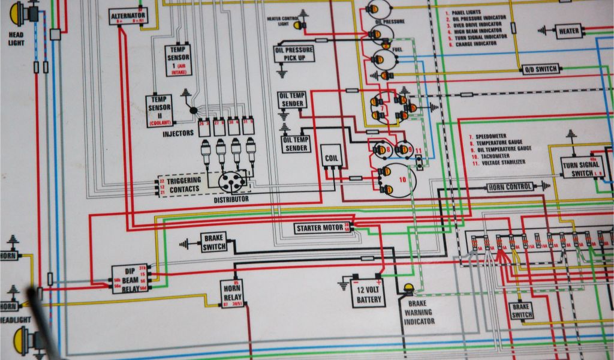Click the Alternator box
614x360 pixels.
coord(128,16)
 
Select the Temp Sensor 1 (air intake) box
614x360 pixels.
coord(179,60)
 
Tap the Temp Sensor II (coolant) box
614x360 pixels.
coord(159,111)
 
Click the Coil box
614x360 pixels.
coord(332,158)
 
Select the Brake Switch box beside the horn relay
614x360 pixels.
coord(213,242)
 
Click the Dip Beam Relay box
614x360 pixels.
coord(130,279)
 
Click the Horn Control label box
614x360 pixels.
coord(510,187)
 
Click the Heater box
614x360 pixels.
coord(568,31)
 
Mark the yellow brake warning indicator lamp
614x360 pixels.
coord(409,289)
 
